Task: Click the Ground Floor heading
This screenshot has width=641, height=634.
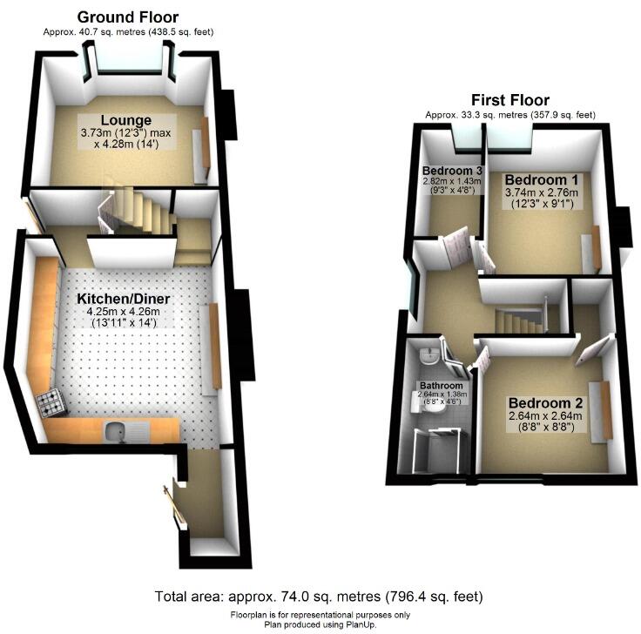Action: click(x=128, y=17)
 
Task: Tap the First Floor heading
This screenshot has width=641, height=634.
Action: click(x=510, y=100)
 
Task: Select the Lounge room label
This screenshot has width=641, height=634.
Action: click(x=126, y=120)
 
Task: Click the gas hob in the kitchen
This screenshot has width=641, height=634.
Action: click(x=49, y=401)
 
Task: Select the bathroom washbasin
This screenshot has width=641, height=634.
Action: click(x=428, y=354)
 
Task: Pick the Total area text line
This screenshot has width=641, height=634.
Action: click(x=319, y=597)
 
